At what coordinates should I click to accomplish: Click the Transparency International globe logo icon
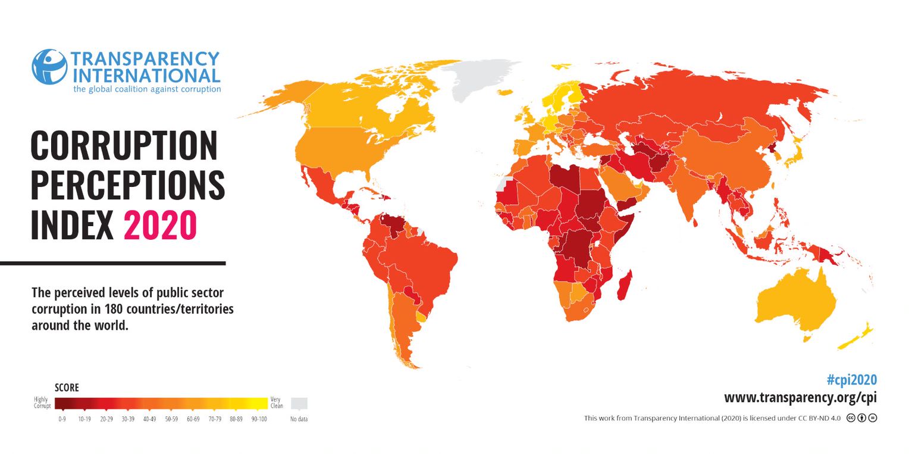[49, 67]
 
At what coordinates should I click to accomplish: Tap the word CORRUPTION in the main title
[124, 146]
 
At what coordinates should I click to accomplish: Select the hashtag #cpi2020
[851, 380]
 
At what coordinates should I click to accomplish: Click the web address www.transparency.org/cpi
[800, 397]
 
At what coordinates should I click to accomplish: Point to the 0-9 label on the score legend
[62, 419]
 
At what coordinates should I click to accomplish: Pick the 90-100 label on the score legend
[259, 419]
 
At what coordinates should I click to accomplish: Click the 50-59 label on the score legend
[171, 419]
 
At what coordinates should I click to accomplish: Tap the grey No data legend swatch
[299, 403]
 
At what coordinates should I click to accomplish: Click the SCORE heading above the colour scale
[67, 388]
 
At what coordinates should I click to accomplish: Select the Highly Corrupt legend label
[42, 403]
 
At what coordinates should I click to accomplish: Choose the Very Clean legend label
[277, 403]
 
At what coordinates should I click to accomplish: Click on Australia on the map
[797, 300]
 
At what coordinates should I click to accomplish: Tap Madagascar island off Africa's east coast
[625, 285]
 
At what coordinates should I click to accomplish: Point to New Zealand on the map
[857, 337]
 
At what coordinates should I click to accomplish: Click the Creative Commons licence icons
[861, 418]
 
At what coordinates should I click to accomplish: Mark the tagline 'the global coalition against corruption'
[147, 89]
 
